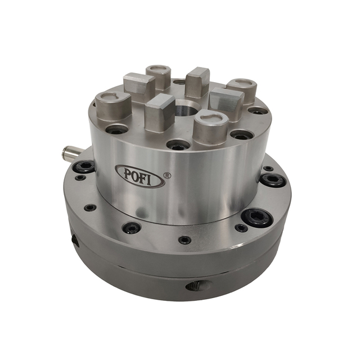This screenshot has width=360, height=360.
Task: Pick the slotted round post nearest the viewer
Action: [x=210, y=127]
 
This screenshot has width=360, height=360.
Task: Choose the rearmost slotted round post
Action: [x=159, y=77]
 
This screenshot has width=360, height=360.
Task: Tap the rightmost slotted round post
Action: [x=242, y=90]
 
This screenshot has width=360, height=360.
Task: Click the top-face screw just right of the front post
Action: [x=241, y=135]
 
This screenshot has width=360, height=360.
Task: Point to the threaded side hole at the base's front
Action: [x=200, y=286]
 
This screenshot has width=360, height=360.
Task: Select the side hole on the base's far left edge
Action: [x=75, y=240]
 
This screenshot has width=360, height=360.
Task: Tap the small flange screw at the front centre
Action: [x=184, y=240]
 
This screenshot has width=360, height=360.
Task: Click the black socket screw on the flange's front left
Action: [x=132, y=228]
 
